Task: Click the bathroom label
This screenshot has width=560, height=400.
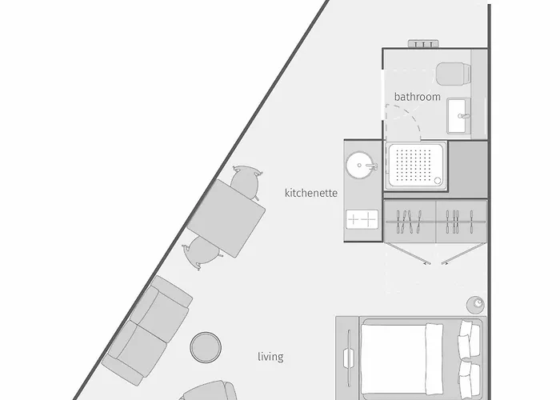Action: pyautogui.click(x=417, y=97)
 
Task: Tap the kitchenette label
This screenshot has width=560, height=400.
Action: pyautogui.click(x=311, y=193)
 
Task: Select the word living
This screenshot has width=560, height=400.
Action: pyautogui.click(x=270, y=356)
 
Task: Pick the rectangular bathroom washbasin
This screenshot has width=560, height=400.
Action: pyautogui.click(x=460, y=116)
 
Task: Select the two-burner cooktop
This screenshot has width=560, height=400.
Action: pyautogui.click(x=362, y=218)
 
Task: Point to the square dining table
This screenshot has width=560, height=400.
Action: pyautogui.click(x=228, y=215)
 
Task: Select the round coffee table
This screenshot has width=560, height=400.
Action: pyautogui.click(x=206, y=346)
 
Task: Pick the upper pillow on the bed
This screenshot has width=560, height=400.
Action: pyautogui.click(x=470, y=340)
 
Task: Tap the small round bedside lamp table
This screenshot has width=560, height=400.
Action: pyautogui.click(x=475, y=304)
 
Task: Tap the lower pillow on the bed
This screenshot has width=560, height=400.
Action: pyautogui.click(x=470, y=378)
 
